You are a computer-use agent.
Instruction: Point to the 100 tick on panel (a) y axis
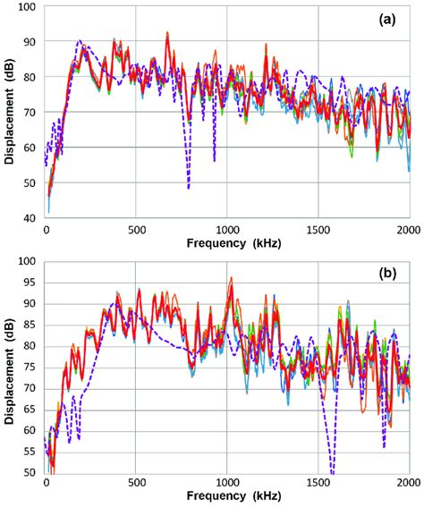coord(27,7)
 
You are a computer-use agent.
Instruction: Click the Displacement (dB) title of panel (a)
coord(8,112)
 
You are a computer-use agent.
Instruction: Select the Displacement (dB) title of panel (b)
coord(8,367)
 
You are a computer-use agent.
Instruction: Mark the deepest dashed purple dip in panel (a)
coord(188,187)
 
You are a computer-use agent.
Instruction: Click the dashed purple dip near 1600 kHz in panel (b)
coord(332,470)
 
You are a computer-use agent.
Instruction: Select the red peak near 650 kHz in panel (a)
coord(166,33)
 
